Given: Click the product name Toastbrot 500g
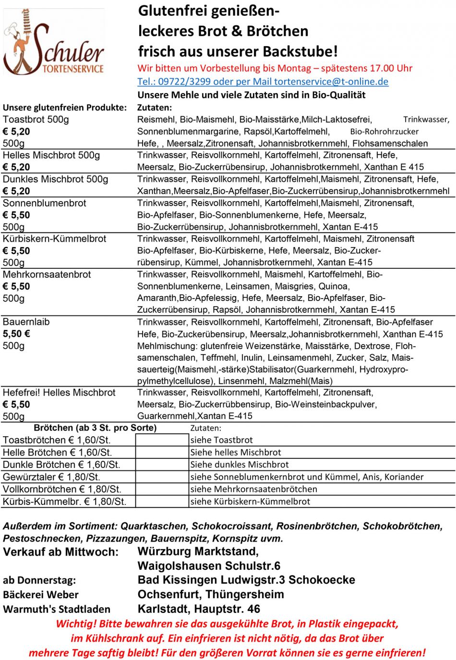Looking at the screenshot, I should click(x=36, y=120).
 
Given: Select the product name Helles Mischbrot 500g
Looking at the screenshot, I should click(x=51, y=155).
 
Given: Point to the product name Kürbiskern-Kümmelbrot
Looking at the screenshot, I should click(x=54, y=239).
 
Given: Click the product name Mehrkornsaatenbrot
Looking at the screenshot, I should click(x=47, y=275).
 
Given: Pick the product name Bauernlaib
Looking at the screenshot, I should click(x=26, y=322).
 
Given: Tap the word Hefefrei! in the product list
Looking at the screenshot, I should click(x=22, y=393).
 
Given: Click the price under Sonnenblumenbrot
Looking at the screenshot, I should click(x=16, y=215).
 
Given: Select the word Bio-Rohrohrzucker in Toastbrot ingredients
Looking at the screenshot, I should click(x=384, y=132).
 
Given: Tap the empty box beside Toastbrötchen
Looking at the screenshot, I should click(x=162, y=440).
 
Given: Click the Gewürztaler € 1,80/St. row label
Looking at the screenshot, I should click(x=51, y=477).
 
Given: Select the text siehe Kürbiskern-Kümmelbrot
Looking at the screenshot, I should click(x=250, y=502).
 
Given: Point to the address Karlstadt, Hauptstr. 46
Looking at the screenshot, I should click(x=199, y=609).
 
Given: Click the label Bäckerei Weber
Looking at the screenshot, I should click(x=40, y=595).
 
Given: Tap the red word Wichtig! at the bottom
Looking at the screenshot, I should click(x=76, y=624).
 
